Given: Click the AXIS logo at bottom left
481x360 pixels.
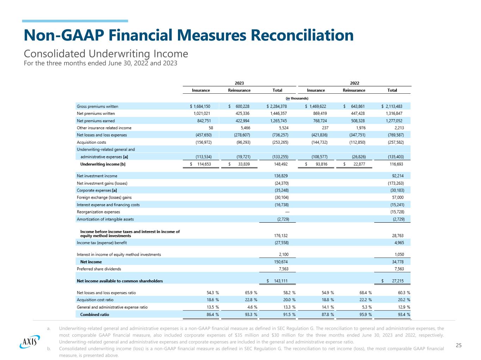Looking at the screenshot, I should (30, 341).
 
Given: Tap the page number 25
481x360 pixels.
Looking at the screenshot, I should (458, 345).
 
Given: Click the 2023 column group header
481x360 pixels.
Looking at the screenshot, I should (239, 83).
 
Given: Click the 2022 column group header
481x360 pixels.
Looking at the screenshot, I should (354, 83).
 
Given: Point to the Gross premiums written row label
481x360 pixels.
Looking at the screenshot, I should (98, 106).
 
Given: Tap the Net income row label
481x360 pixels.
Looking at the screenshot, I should (91, 262).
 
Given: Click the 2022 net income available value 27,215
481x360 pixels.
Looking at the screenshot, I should (398, 281).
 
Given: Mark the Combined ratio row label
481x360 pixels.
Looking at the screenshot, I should (94, 315).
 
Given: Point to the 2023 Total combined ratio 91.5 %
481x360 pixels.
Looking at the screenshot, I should (289, 315).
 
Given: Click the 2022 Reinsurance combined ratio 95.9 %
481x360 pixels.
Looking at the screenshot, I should (365, 315).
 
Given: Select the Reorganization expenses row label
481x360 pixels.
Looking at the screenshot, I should (98, 212).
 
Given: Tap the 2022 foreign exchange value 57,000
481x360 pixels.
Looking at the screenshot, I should (398, 198).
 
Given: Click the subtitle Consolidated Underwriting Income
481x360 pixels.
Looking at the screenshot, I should (106, 54).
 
